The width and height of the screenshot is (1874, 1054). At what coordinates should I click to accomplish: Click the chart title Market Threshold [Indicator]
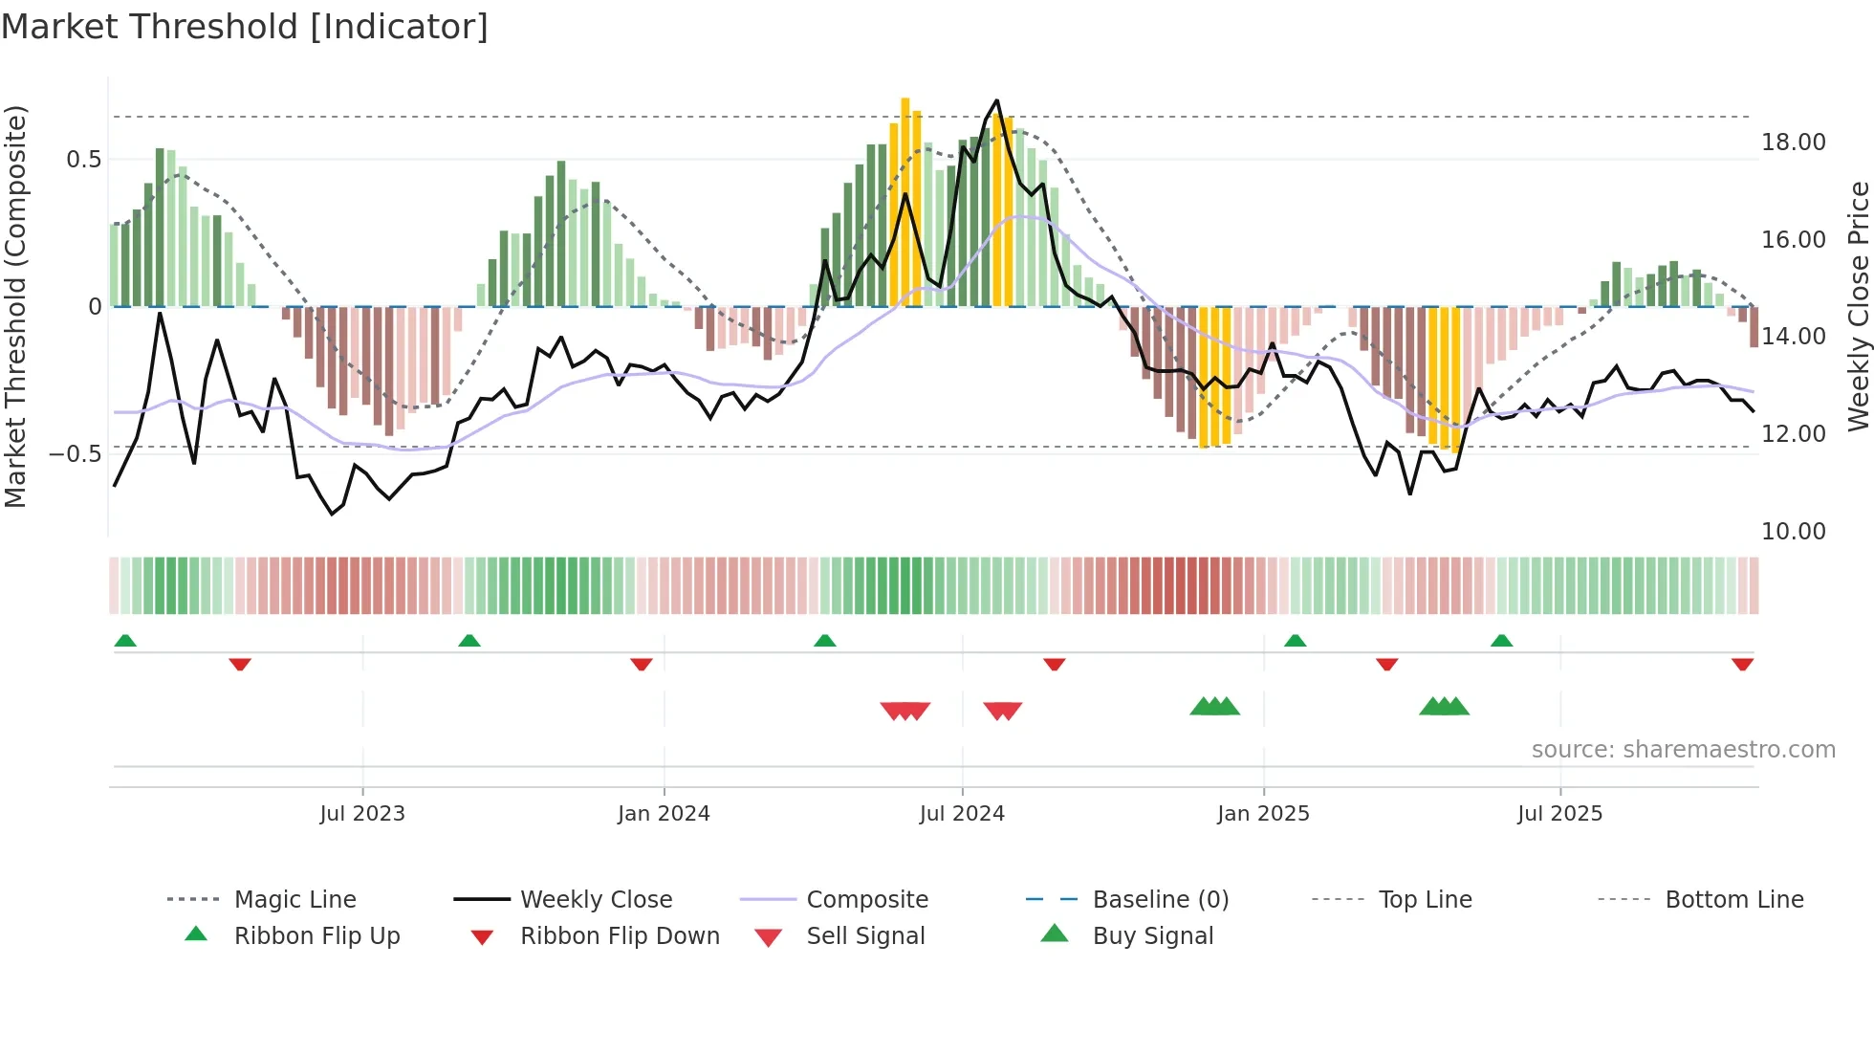tap(245, 27)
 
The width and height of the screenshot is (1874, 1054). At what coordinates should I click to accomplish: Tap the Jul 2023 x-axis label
tap(362, 814)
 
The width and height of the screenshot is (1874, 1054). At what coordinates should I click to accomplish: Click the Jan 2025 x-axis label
tap(1263, 814)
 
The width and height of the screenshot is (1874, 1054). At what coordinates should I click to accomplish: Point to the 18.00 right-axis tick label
tap(1793, 143)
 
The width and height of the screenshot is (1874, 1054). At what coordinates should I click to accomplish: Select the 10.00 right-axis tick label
tap(1793, 532)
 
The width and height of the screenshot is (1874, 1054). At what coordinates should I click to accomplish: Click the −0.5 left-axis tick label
tap(75, 453)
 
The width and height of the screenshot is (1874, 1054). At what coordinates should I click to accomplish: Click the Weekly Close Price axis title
tap(1858, 306)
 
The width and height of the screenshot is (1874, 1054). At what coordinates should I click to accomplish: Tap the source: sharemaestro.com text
tap(1683, 750)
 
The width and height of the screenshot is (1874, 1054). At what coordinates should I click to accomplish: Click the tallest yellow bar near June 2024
tap(905, 201)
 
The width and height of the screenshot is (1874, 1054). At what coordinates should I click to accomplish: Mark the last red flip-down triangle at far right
tap(1742, 664)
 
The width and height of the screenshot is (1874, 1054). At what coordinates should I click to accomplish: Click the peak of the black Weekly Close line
tap(997, 101)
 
